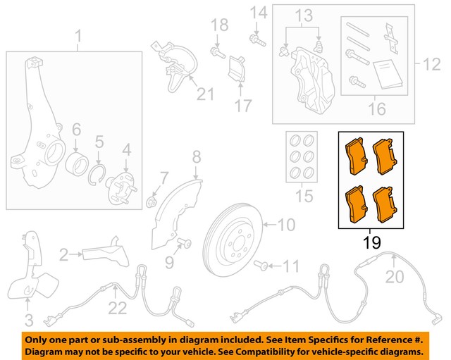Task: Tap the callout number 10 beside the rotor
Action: click(x=285, y=225)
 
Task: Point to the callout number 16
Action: click(x=377, y=109)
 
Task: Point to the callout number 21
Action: click(x=204, y=94)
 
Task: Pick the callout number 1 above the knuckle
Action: click(x=78, y=35)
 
